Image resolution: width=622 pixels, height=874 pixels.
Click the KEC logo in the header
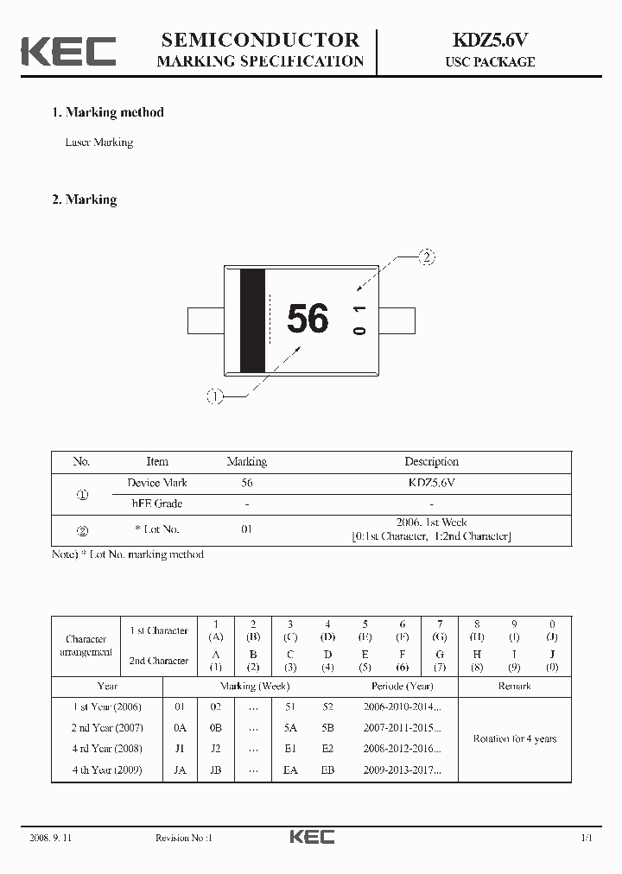68,51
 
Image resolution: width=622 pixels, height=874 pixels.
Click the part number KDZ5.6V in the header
490,40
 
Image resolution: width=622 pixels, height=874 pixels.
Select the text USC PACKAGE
490,62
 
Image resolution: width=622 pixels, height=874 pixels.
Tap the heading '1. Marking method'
107,112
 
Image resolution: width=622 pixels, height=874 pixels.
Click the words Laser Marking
99,142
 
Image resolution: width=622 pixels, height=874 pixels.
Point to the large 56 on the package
308,319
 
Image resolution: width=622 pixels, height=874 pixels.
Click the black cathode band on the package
252,321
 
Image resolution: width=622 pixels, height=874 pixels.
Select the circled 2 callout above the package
426,256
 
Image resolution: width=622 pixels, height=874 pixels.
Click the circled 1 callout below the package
214,396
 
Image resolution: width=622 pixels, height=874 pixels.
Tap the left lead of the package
206,320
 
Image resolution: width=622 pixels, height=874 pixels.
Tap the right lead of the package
397,320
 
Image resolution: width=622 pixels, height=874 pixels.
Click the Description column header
431,462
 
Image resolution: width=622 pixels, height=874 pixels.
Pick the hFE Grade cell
156,503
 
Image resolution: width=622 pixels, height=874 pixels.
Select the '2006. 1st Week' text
431,522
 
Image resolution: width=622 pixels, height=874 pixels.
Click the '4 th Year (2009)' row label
107,769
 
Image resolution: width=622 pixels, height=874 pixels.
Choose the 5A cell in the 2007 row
290,728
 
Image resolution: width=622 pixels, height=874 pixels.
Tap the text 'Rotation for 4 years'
515,739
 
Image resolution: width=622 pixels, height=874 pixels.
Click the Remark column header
515,687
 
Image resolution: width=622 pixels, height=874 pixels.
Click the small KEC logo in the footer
311,837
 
